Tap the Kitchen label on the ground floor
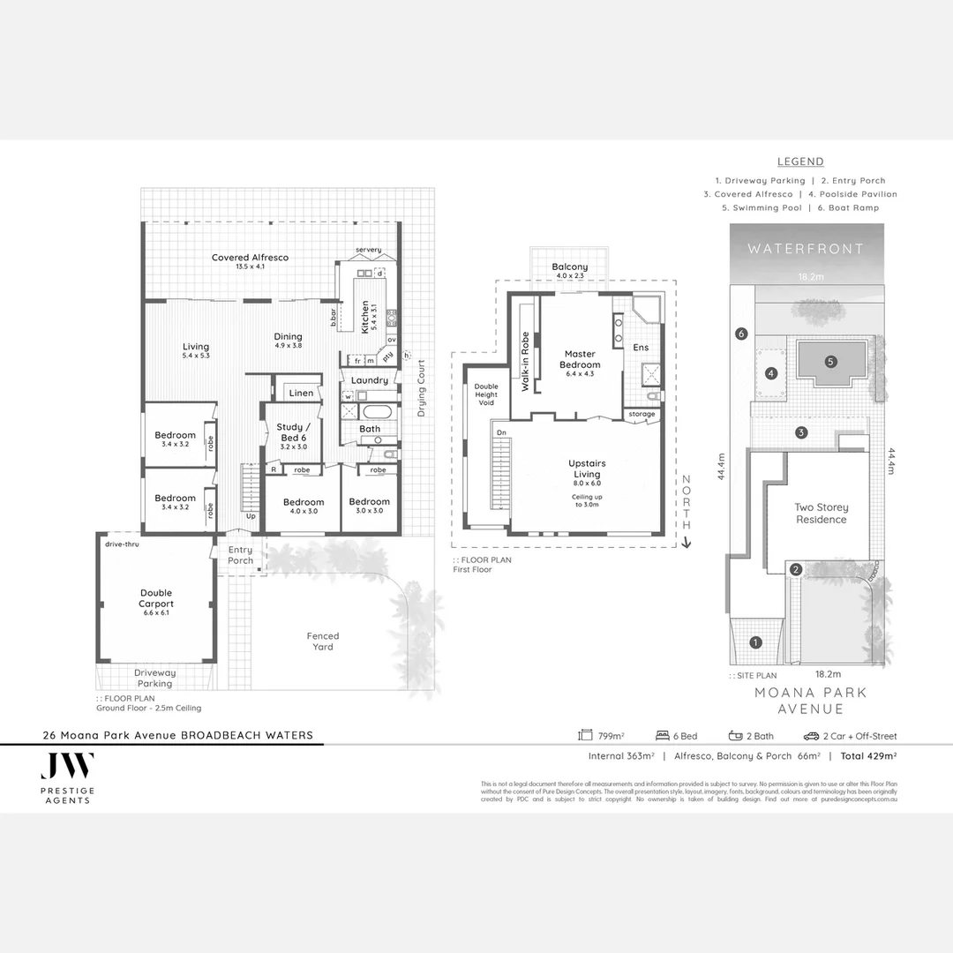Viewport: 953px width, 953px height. click(x=364, y=317)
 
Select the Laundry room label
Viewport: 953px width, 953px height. click(x=369, y=380)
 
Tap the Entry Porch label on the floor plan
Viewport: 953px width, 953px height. click(x=240, y=555)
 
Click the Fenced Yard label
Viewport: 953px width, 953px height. click(x=322, y=641)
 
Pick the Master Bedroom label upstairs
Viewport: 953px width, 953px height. click(x=581, y=359)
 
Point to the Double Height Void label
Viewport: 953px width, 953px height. click(x=486, y=394)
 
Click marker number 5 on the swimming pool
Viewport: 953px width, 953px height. click(x=829, y=361)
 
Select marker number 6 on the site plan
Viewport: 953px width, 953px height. click(x=741, y=334)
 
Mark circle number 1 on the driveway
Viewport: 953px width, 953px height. click(x=755, y=642)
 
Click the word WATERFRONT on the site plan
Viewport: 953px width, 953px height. click(x=806, y=249)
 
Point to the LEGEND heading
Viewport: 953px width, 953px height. click(x=800, y=161)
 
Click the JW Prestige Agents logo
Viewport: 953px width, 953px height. click(x=68, y=777)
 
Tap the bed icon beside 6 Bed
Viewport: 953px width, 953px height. click(x=663, y=735)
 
